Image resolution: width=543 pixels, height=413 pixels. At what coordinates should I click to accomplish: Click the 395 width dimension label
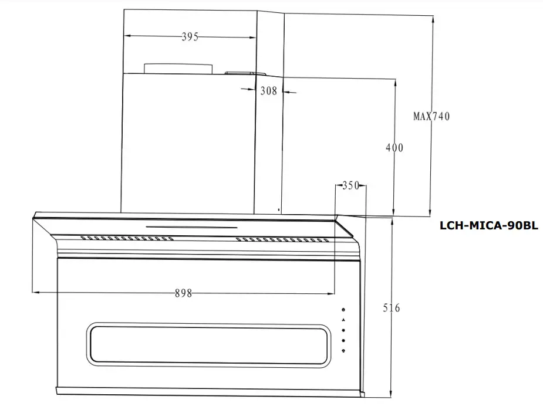pos(190,37)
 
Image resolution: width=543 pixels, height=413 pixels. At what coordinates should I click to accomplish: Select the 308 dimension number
pos(268,91)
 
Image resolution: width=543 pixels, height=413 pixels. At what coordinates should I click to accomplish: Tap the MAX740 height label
pos(431,116)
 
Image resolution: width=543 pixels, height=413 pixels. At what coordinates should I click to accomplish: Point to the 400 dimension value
pos(394,148)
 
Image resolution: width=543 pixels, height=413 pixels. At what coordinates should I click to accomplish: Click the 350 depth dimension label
pos(350,186)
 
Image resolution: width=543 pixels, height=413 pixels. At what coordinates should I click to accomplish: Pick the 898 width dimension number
pos(183,293)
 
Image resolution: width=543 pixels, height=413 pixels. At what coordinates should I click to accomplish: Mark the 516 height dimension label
pos(391,308)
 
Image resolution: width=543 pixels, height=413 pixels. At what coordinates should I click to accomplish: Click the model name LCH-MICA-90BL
pos(488,225)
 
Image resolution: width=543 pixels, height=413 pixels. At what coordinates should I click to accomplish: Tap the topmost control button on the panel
pos(343,311)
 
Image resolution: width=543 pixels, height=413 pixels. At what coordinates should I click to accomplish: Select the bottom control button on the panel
pos(343,351)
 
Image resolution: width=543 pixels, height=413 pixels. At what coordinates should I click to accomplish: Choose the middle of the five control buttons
pos(343,331)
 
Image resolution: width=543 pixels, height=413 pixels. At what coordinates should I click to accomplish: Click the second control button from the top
pos(343,321)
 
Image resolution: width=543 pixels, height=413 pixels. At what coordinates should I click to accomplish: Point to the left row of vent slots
pos(127,239)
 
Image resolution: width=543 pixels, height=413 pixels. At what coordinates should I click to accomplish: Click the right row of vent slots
pos(282,239)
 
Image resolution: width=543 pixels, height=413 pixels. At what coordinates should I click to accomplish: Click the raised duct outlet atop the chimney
pos(178,69)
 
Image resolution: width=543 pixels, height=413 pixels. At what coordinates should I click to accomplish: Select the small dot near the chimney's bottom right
pos(278,209)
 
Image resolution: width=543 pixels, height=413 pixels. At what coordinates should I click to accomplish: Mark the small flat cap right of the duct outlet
pos(245,73)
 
